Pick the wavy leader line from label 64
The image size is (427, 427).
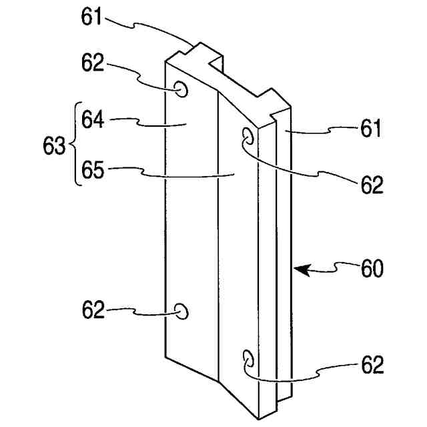pos(143,122)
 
